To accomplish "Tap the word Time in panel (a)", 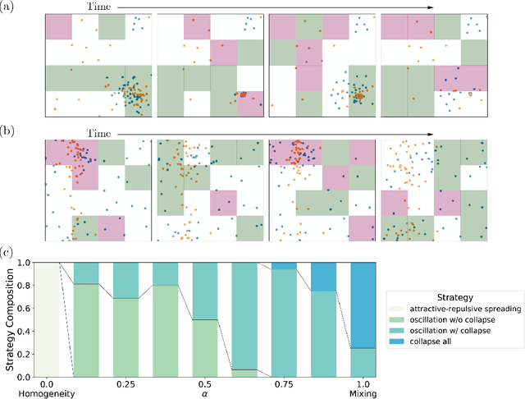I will [98, 7].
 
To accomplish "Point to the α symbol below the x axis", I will [205, 394].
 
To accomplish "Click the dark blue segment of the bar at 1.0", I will [364, 305].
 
